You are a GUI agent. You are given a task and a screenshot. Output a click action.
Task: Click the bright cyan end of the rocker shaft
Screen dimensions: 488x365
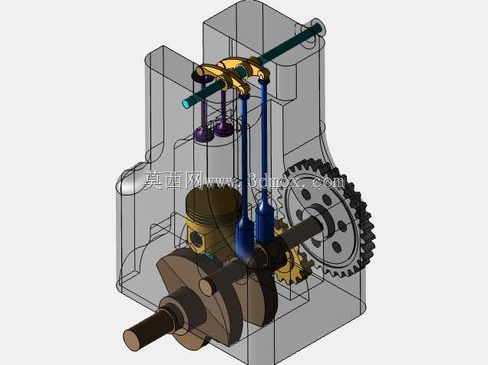[187, 103]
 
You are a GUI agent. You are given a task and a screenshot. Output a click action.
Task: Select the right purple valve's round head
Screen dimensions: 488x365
[223, 128]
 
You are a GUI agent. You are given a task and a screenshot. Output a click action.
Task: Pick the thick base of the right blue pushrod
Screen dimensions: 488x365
[265, 222]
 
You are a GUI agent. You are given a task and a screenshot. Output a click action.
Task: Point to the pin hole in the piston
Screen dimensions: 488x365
[196, 238]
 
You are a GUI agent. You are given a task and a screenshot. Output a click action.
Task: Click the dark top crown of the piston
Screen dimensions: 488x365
[213, 198]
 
